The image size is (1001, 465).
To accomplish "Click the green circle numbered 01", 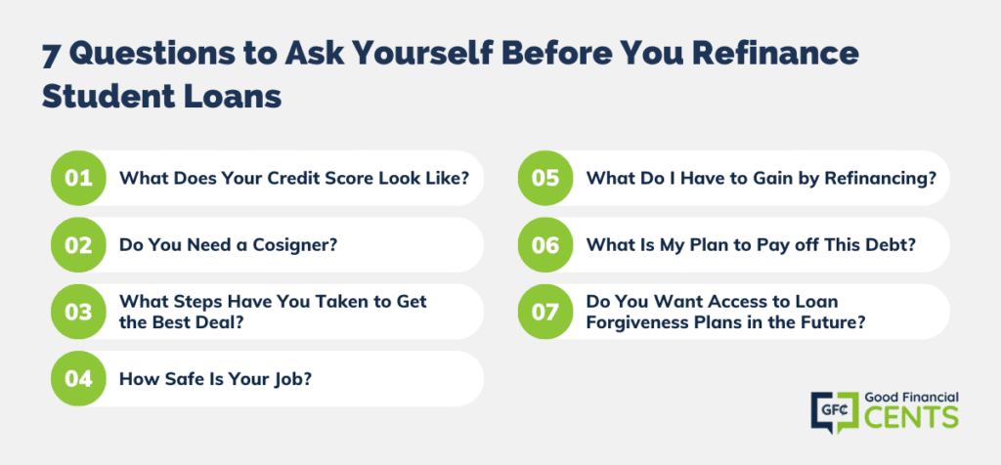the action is click(x=78, y=178).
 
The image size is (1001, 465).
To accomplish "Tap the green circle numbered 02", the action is click(x=78, y=245).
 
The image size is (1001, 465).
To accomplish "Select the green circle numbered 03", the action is click(x=78, y=312).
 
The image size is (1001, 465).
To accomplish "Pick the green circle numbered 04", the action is click(x=78, y=378).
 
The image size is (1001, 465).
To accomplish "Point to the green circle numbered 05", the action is click(x=545, y=178).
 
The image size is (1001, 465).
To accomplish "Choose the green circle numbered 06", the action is click(x=545, y=245).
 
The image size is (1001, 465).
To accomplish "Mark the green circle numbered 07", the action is click(x=545, y=312).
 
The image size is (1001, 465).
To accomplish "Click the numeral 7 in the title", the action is click(x=51, y=56).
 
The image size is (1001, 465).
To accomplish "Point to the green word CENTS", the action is click(x=911, y=417).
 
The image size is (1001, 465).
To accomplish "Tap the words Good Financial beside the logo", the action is click(x=911, y=397).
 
